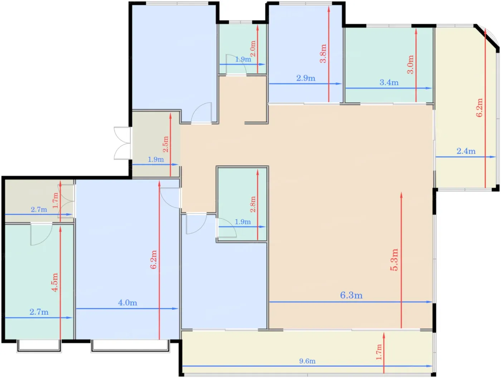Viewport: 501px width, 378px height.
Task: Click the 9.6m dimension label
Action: point(307,361)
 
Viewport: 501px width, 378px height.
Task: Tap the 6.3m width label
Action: point(351,295)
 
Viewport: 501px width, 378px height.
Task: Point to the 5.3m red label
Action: point(394,260)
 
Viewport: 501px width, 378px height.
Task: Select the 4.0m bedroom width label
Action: point(128,303)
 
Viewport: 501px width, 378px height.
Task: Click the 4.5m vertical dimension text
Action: point(55,282)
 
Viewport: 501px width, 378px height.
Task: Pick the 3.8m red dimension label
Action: point(323,53)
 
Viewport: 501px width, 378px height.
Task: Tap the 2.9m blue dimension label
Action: point(306,78)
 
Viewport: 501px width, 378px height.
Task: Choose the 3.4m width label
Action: point(389,82)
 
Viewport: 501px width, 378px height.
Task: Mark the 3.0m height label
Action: point(410,64)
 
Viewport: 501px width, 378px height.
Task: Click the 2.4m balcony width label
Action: point(466,151)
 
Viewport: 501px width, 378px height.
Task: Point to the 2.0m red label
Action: point(253,49)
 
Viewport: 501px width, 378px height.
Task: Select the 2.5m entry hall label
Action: point(166,144)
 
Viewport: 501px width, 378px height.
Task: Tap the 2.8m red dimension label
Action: point(253,204)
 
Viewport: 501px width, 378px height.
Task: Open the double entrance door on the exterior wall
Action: point(123,143)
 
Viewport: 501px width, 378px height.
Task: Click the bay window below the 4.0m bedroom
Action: point(130,346)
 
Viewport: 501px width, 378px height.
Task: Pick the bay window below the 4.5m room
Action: point(39,346)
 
